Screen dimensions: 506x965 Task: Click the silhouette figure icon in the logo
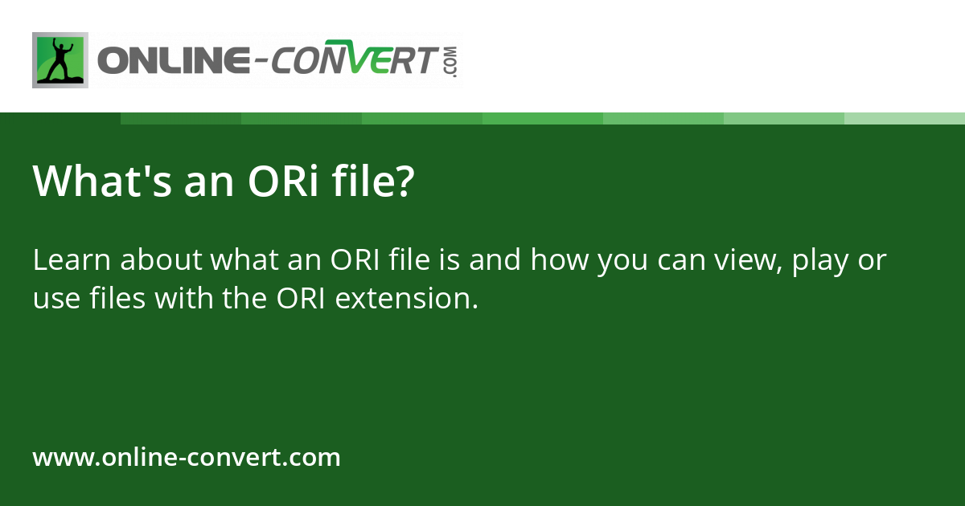(60, 60)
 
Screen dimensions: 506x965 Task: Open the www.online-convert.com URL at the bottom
(187, 458)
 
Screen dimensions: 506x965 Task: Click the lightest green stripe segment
(904, 118)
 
